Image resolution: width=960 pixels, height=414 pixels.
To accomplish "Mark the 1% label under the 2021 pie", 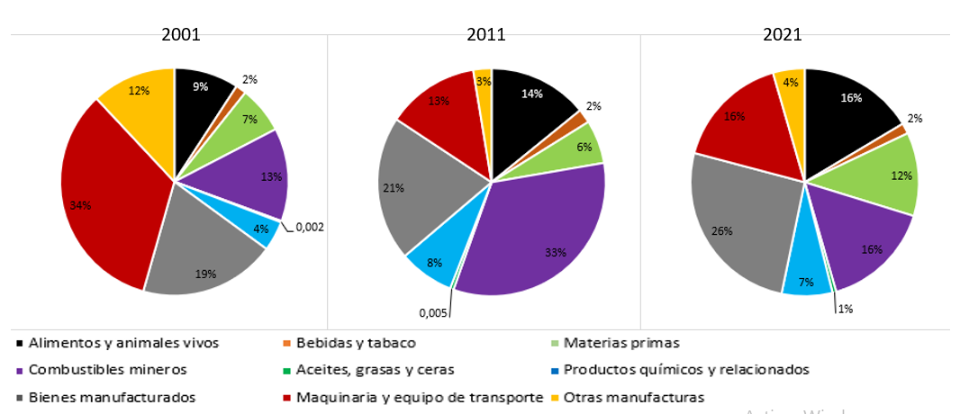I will pos(845,309).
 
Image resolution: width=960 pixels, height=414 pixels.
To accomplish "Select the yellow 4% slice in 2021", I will pos(791,85).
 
